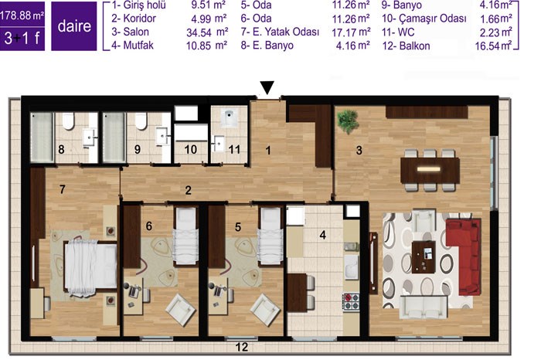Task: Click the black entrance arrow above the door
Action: coord(267,87)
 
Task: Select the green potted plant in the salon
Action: coord(348,121)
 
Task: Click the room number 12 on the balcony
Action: coord(241,347)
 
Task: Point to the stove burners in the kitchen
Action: coord(351,301)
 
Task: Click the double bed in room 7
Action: coord(90,268)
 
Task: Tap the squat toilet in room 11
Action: coord(229,117)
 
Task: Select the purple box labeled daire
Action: coord(74,26)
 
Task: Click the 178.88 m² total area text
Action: coord(22,15)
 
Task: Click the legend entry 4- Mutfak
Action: coord(132,45)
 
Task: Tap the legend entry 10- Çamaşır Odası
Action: coord(424,19)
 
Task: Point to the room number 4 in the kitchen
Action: coord(322,235)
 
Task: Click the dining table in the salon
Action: coord(430,170)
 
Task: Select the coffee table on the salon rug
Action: coord(424,257)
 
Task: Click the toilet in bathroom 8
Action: coord(68,121)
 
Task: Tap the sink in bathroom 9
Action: coord(162,136)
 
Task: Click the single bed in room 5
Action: coord(270,236)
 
